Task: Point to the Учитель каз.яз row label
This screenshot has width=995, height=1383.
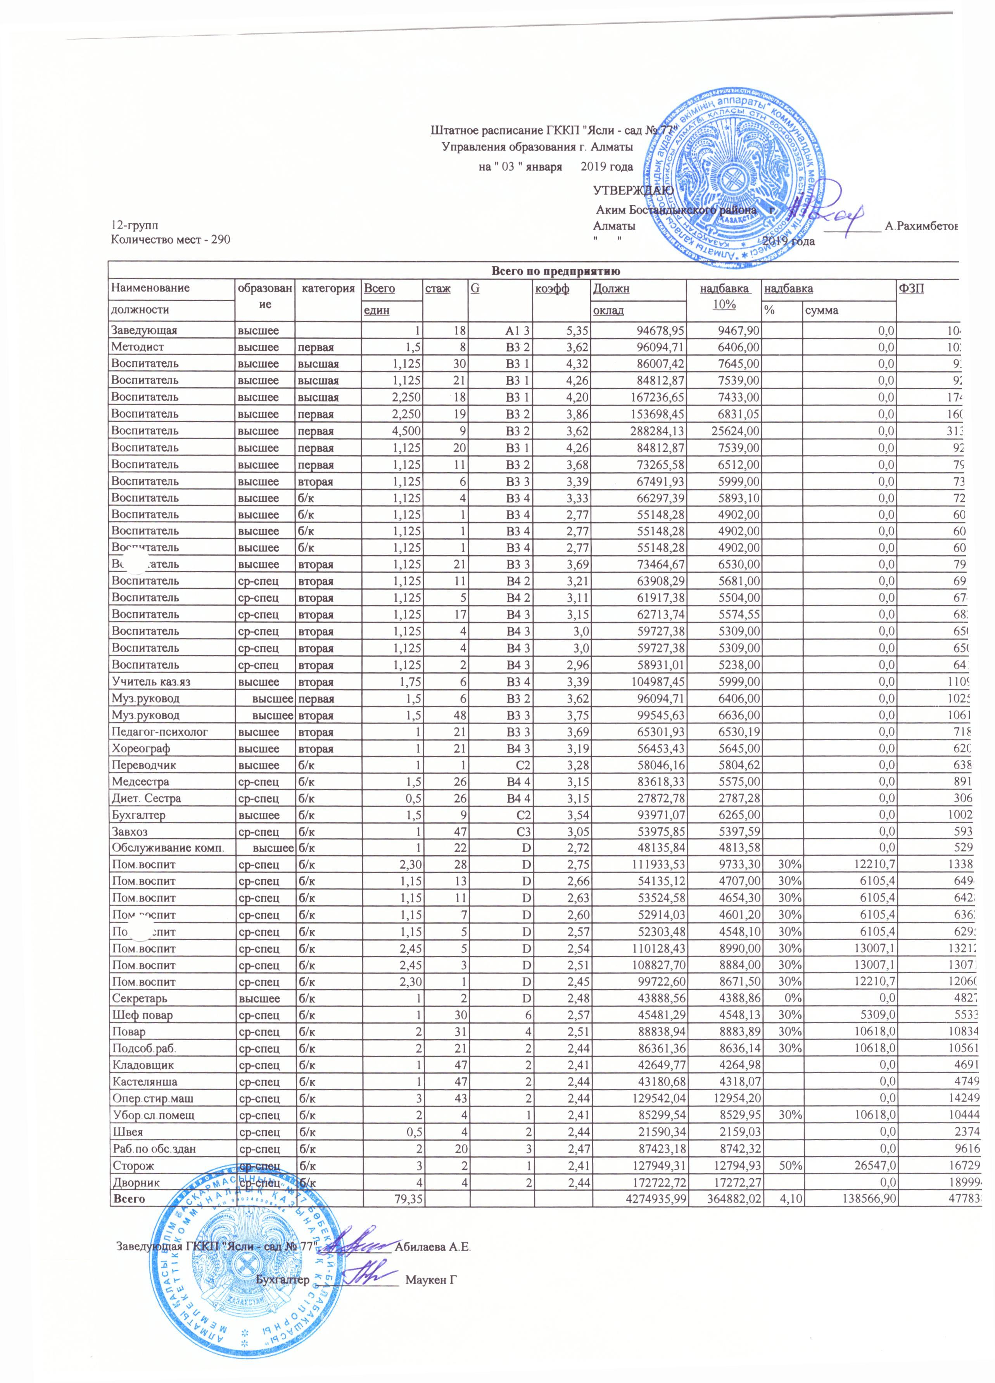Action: (147, 682)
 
